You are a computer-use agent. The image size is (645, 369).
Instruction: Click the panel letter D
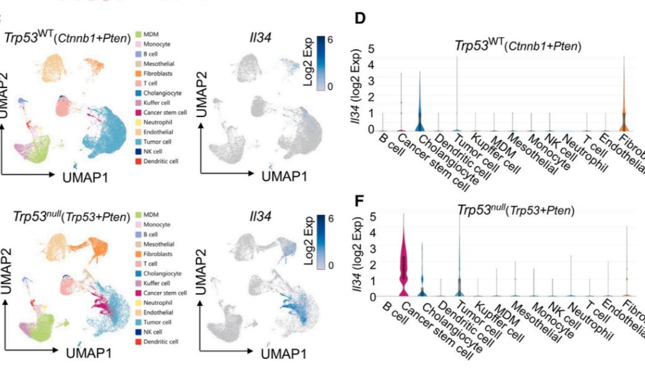pos(361,19)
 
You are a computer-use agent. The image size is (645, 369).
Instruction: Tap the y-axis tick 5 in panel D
pos(371,49)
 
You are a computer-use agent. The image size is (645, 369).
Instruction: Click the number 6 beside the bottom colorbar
pos(331,218)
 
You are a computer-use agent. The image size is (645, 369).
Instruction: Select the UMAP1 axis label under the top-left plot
pos(84,178)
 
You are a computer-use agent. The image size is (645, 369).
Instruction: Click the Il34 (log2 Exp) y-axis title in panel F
pos(356,256)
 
